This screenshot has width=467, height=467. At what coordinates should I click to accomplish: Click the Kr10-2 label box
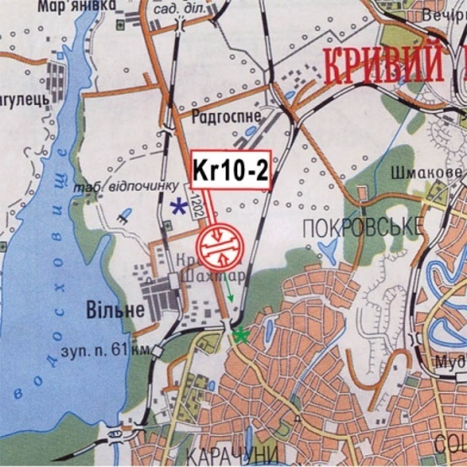pos(230,170)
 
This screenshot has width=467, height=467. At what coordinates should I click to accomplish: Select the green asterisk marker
pos(241,335)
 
